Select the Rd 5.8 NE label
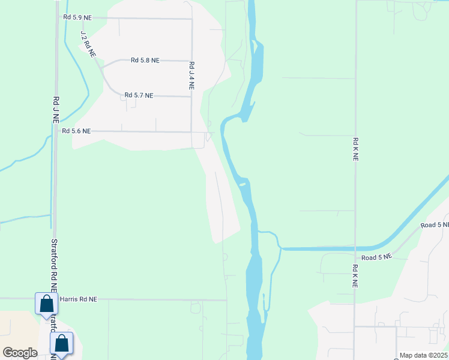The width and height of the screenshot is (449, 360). (x=145, y=61)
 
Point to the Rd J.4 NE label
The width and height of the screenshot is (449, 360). (x=191, y=75)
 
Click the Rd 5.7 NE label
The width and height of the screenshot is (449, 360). (x=139, y=95)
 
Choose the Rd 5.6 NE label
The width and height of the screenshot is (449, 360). (x=76, y=131)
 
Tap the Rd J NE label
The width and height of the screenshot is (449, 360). (x=55, y=110)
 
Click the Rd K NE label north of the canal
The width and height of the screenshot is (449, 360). (x=355, y=149)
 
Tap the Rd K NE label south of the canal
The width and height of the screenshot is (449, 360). (x=355, y=276)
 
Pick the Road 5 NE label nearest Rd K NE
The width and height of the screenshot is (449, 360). (x=376, y=257)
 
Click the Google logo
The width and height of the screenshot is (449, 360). (x=20, y=353)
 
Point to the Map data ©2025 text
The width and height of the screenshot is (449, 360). (x=423, y=355)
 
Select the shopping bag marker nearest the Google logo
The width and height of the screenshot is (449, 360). (x=61, y=344)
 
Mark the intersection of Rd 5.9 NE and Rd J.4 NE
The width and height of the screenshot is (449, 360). (x=191, y=19)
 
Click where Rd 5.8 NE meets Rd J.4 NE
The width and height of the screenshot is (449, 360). (x=191, y=61)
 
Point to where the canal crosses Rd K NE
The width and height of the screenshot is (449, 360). (x=355, y=248)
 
